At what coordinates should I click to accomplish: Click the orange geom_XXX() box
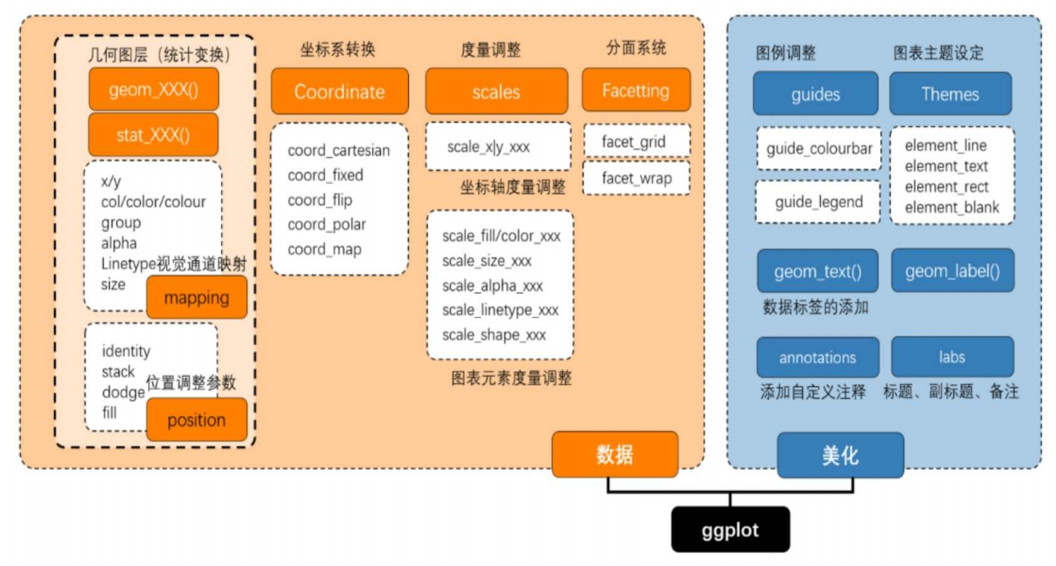[154, 90]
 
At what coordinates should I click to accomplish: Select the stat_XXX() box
[154, 134]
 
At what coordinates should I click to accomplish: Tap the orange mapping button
[196, 297]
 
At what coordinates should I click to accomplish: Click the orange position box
[196, 420]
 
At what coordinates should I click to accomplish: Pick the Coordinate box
[340, 91]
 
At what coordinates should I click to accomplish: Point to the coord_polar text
[327, 225]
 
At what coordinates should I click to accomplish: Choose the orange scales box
[496, 91]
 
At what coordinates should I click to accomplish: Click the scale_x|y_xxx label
[489, 147]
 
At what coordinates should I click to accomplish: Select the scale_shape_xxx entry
[494, 335]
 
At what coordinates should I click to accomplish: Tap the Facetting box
[636, 90]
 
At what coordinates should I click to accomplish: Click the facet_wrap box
[637, 178]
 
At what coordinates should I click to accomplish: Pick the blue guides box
[816, 94]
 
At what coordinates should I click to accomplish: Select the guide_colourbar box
[819, 149]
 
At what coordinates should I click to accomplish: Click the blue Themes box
[950, 94]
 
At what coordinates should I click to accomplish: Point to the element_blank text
[952, 208]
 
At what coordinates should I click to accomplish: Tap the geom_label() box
[952, 271]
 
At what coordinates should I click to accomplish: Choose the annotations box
[818, 358]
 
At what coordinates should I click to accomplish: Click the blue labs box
[952, 357]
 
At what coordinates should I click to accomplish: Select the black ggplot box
[730, 529]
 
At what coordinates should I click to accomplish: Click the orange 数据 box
[615, 454]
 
